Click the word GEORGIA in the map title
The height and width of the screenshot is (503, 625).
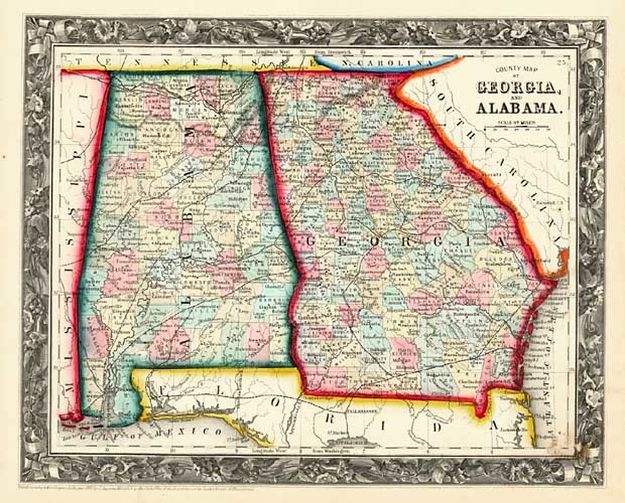pos(518,87)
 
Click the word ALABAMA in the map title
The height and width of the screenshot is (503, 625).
pos(518,108)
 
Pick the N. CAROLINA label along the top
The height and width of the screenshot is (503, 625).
pos(383,63)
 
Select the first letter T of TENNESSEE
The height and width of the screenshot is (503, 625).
pos(79,62)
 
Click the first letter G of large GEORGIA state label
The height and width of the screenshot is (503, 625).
pos(309,241)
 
